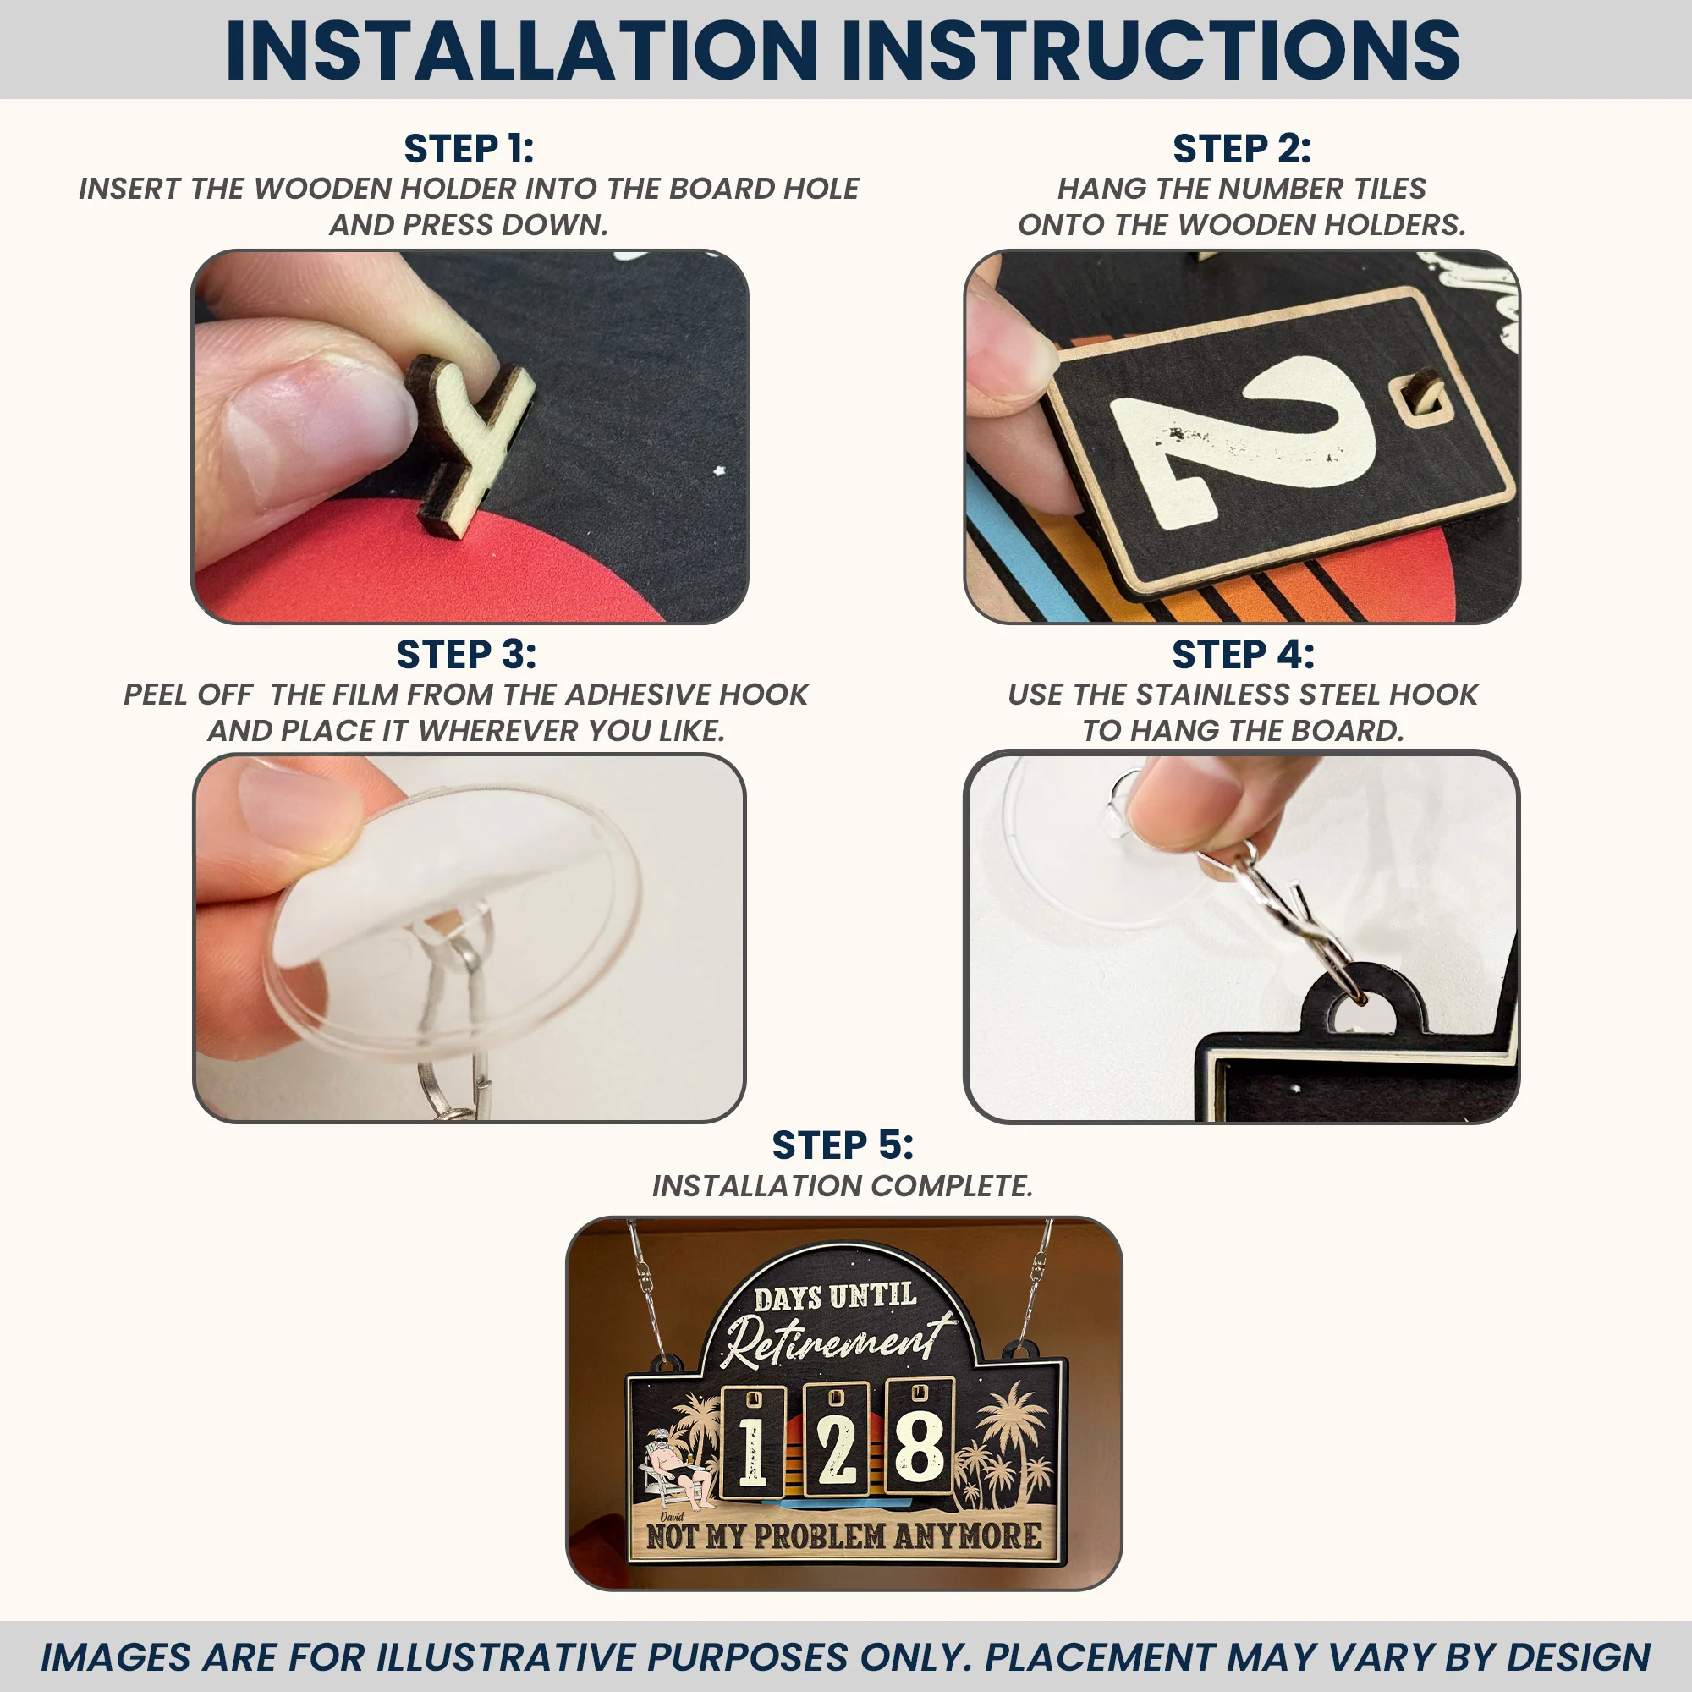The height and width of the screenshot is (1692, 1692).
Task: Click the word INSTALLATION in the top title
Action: (x=521, y=50)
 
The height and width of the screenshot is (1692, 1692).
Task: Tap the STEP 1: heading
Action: (x=469, y=149)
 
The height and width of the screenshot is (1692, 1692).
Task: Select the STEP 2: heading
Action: (x=1242, y=149)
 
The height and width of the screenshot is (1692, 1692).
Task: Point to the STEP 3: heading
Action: (x=467, y=654)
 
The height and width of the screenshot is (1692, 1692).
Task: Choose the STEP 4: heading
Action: (x=1243, y=654)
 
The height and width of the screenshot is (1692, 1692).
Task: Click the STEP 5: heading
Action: (x=843, y=1145)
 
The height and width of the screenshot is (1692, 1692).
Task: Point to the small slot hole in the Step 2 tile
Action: (x=1420, y=402)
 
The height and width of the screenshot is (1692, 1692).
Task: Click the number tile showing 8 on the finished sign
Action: (x=919, y=1437)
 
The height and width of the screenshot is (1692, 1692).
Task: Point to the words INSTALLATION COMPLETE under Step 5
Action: (x=843, y=1186)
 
